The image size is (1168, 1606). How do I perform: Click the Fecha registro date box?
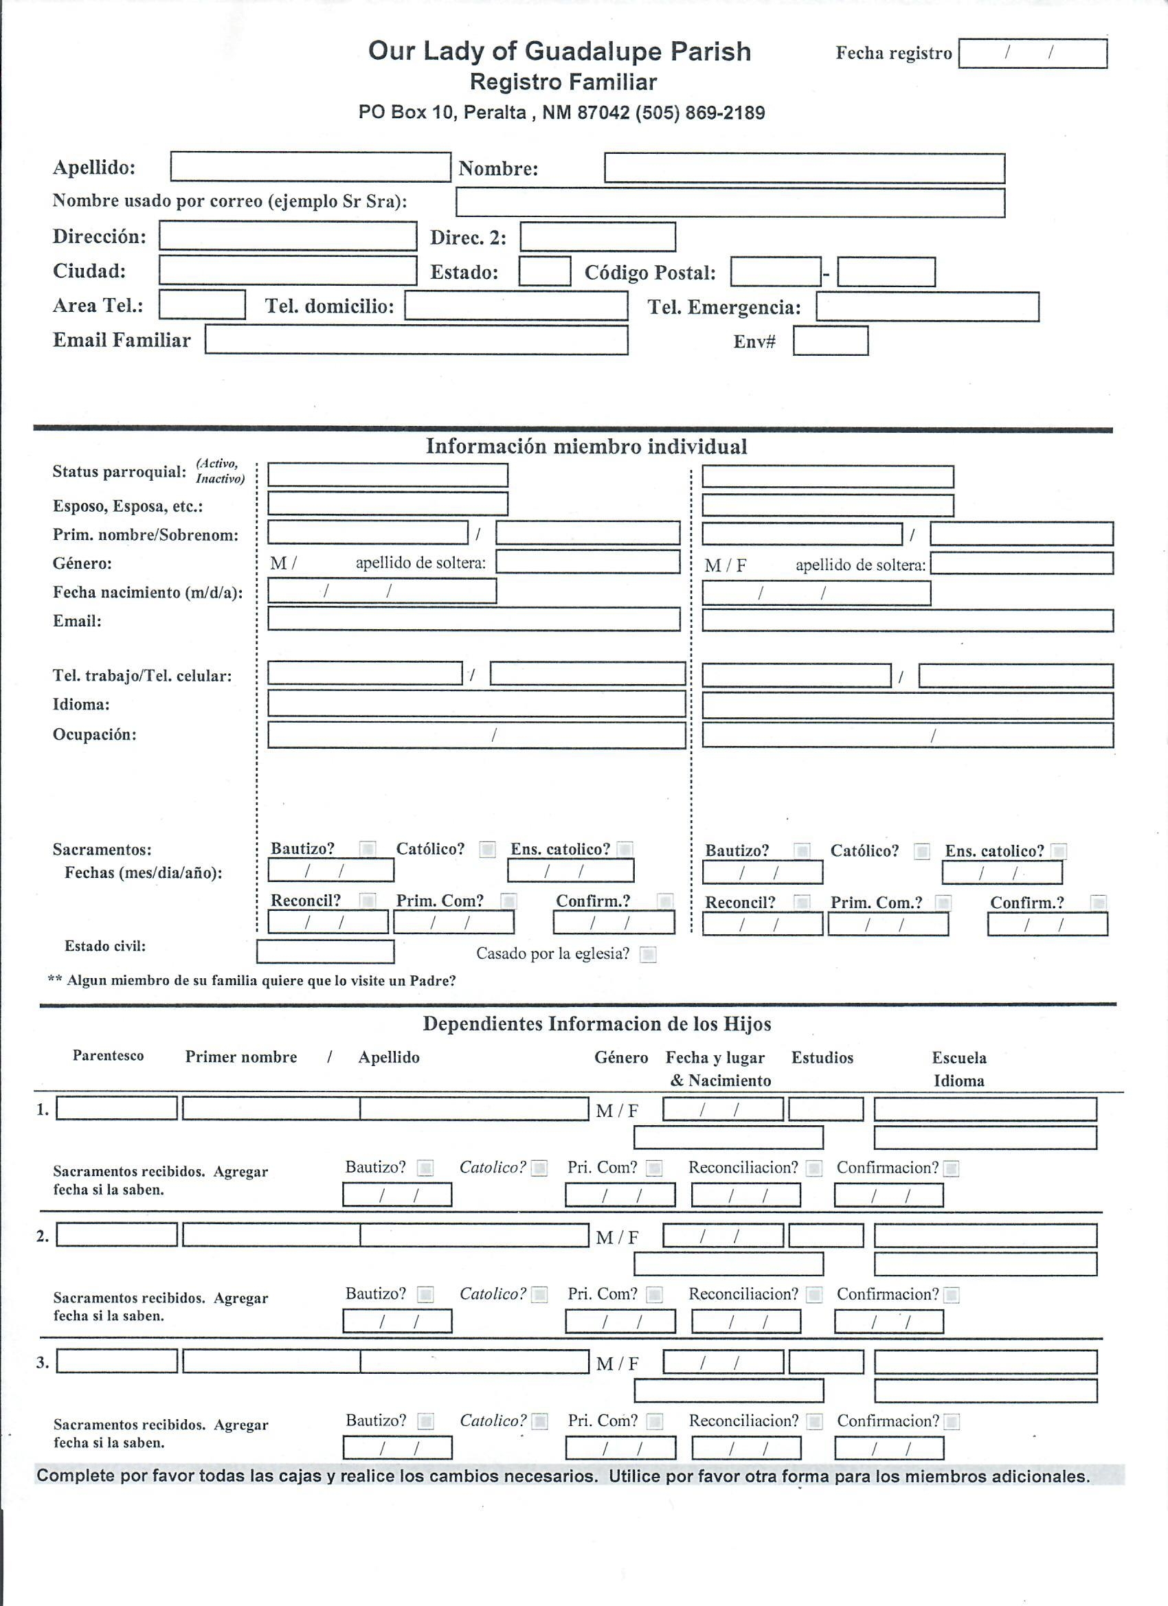point(1032,53)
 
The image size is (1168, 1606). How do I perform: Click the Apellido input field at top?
point(311,167)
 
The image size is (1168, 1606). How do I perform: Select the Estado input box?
point(544,271)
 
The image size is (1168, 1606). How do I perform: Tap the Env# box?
point(830,341)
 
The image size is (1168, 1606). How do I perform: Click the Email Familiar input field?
point(416,340)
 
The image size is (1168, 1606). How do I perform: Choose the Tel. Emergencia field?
point(927,306)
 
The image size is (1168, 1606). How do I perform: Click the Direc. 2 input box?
point(597,236)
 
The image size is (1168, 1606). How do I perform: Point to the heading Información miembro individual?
point(586,446)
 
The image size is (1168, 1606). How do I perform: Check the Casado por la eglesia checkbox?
point(647,955)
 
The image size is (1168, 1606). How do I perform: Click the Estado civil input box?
point(324,951)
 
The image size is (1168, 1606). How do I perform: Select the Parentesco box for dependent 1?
point(116,1108)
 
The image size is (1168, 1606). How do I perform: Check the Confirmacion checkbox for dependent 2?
point(952,1295)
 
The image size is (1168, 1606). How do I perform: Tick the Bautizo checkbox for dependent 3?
point(425,1421)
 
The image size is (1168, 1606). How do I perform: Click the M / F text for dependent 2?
point(617,1237)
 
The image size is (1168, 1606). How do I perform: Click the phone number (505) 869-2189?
point(700,113)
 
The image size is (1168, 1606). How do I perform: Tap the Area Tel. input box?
point(202,304)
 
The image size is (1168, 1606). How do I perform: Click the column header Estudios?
point(822,1058)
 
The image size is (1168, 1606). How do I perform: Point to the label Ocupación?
point(94,734)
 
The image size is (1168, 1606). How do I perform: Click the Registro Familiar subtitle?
point(563,82)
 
